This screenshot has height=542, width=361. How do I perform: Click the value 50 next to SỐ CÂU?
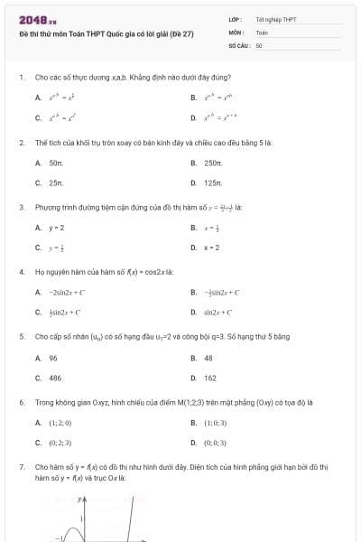coord(259,44)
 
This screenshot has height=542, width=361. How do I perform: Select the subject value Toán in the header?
coord(262,32)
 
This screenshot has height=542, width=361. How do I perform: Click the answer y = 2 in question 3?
coord(56,228)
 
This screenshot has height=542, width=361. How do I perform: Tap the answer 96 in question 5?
coord(53,358)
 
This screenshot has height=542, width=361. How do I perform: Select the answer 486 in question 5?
coord(55,378)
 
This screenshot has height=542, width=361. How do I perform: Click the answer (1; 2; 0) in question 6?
coord(60,423)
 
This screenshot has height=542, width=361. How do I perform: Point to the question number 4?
coord(21,271)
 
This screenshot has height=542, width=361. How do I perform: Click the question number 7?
coord(21,467)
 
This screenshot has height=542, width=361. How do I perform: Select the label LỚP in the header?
coord(234,19)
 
